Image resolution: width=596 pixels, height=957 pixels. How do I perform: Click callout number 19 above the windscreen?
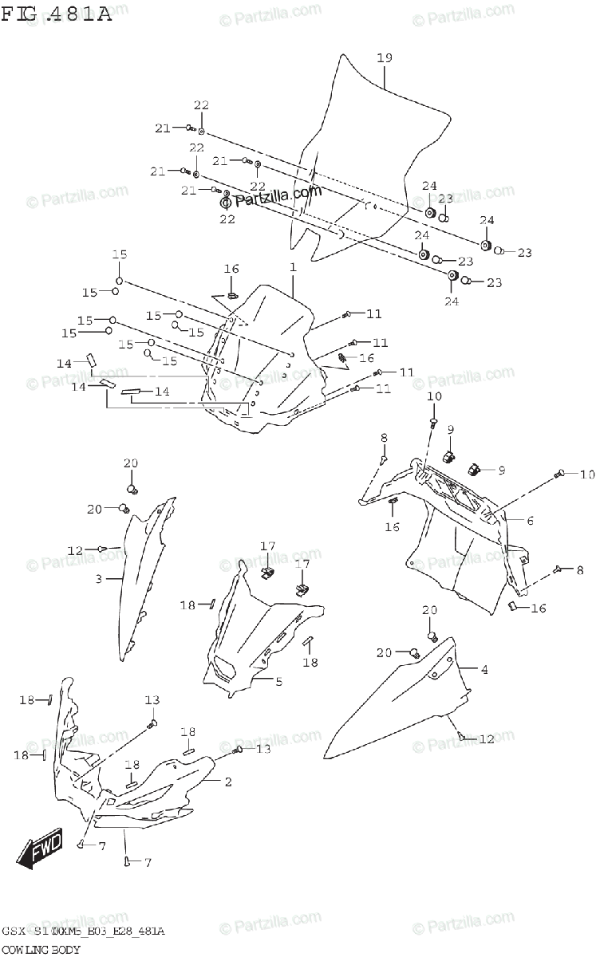(384, 58)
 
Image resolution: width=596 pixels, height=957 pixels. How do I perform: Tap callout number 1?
(293, 268)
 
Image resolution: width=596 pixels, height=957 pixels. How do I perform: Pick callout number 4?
(484, 670)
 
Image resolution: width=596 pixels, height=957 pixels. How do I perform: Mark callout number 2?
(227, 782)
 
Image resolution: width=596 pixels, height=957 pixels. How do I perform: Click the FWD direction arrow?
(35, 856)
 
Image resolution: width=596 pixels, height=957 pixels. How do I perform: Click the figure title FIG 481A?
(56, 14)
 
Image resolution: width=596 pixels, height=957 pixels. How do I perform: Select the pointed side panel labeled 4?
(399, 702)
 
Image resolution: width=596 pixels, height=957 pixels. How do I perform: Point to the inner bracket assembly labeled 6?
(455, 542)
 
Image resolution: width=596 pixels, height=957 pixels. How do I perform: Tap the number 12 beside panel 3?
(75, 550)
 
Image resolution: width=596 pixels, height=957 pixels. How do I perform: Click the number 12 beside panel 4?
(487, 739)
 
